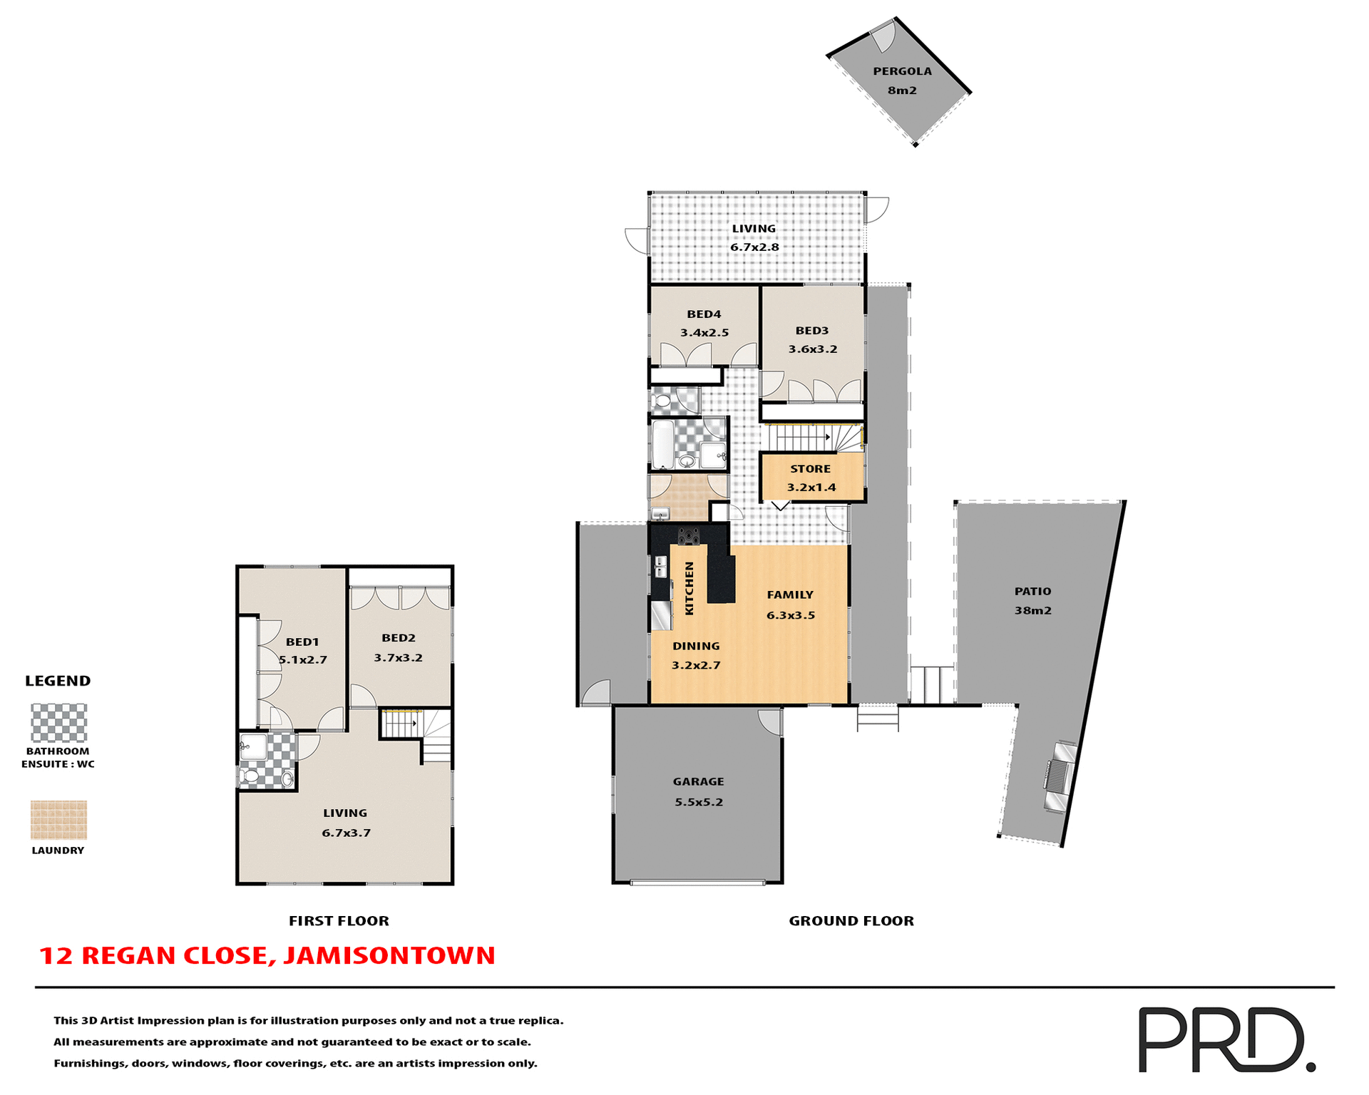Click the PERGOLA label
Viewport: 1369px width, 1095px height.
tap(902, 71)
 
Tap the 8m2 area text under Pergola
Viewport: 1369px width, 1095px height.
tap(902, 91)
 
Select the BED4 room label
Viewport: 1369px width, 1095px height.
tap(704, 314)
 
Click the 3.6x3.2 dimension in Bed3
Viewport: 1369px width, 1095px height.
tap(812, 349)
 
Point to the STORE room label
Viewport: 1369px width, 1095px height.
tap(810, 469)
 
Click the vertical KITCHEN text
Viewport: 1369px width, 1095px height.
tap(689, 588)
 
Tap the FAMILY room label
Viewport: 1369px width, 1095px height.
tap(790, 595)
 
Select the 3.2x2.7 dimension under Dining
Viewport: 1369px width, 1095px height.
tap(696, 665)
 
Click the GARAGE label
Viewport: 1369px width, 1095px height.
tap(698, 781)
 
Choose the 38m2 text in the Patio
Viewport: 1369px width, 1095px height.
tap(1032, 610)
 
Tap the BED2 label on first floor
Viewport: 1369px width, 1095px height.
tap(398, 638)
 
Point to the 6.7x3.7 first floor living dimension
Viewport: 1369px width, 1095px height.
tap(346, 833)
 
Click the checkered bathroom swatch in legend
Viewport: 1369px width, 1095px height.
tap(58, 723)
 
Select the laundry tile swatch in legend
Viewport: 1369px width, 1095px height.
tap(58, 820)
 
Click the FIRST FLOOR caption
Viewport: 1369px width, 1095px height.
tap(339, 920)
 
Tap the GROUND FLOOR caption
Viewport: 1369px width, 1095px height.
tap(851, 920)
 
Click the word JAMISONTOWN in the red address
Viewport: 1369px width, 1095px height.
tap(389, 955)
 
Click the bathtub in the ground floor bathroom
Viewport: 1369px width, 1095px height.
tap(662, 444)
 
